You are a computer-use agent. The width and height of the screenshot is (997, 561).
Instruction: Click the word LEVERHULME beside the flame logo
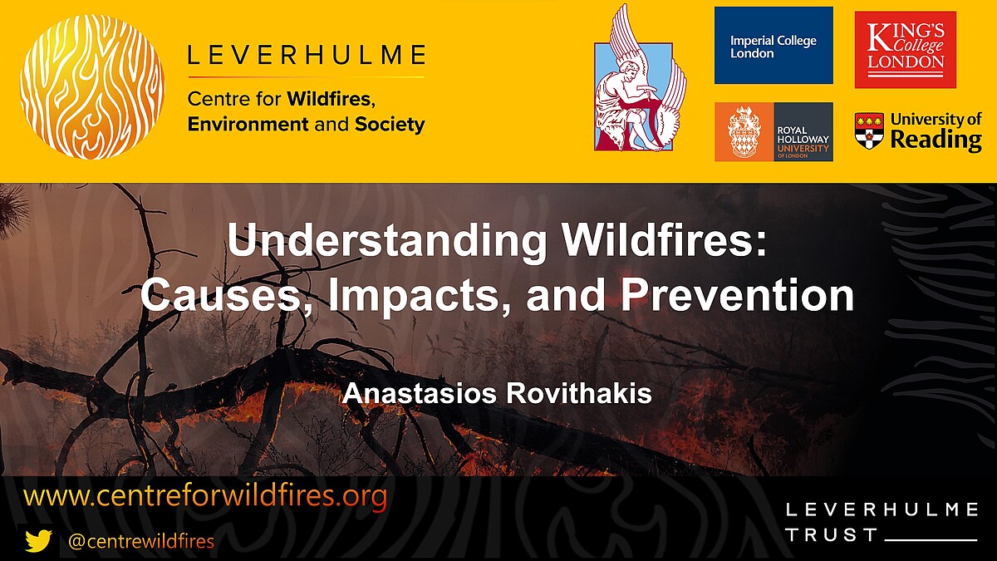pyautogui.click(x=306, y=57)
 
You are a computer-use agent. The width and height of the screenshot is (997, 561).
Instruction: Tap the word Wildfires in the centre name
pyautogui.click(x=330, y=100)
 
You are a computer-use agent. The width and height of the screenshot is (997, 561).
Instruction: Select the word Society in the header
pyautogui.click(x=390, y=125)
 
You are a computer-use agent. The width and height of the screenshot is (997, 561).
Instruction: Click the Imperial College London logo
pyautogui.click(x=774, y=46)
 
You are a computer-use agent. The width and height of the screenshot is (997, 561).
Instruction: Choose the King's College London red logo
pyautogui.click(x=905, y=49)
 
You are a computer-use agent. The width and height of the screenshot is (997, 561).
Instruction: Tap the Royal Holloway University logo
pyautogui.click(x=774, y=131)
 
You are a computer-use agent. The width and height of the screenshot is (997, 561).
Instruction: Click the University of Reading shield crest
pyautogui.click(x=869, y=131)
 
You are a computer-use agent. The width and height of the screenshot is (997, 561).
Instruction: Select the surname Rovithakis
pyautogui.click(x=576, y=394)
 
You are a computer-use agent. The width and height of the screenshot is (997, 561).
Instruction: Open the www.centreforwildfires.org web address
pyautogui.click(x=206, y=497)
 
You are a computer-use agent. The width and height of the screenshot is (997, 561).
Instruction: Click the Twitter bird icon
pyautogui.click(x=38, y=541)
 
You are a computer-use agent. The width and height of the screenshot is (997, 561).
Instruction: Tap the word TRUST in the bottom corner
pyautogui.click(x=832, y=535)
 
